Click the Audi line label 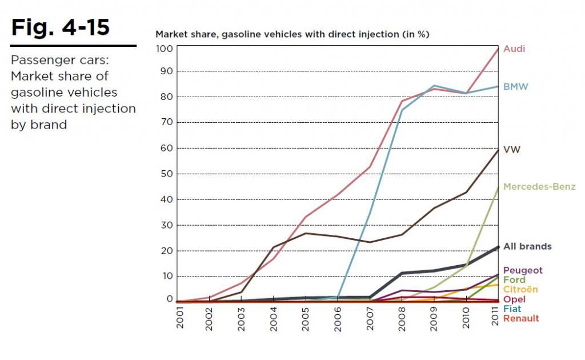click(514, 49)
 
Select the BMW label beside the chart click(516, 87)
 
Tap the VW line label click(512, 149)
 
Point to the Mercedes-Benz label click(539, 187)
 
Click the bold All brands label click(527, 246)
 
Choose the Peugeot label click(523, 270)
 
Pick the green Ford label click(514, 280)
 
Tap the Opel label click(514, 299)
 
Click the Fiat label click(512, 309)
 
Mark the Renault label click(521, 318)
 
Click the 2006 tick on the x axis click(338, 315)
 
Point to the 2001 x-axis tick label click(180, 315)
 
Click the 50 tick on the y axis click(165, 174)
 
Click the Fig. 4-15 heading click(61, 27)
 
